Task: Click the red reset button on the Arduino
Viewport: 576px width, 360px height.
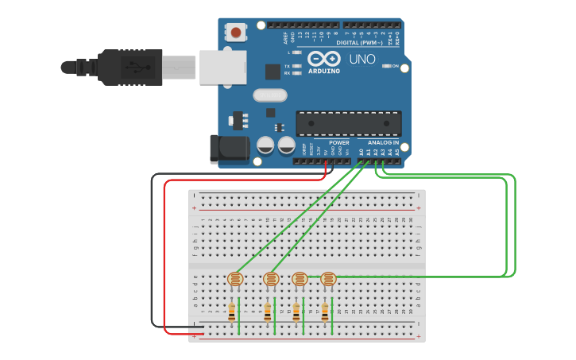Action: click(x=236, y=33)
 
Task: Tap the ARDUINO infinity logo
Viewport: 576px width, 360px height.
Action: click(x=324, y=60)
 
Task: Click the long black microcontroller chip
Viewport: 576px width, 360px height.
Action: click(x=348, y=123)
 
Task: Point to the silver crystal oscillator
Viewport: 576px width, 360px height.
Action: click(x=269, y=95)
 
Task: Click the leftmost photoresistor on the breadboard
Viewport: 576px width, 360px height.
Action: click(x=234, y=279)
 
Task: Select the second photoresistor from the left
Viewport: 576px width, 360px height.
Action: click(x=270, y=279)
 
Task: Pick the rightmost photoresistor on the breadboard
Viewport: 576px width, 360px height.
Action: click(x=327, y=279)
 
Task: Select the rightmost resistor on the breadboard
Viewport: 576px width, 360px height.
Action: click(x=325, y=312)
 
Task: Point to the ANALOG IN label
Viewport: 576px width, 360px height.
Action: click(x=384, y=142)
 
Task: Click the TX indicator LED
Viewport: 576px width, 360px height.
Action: click(x=296, y=66)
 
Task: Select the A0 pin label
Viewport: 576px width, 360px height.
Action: click(x=361, y=151)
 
